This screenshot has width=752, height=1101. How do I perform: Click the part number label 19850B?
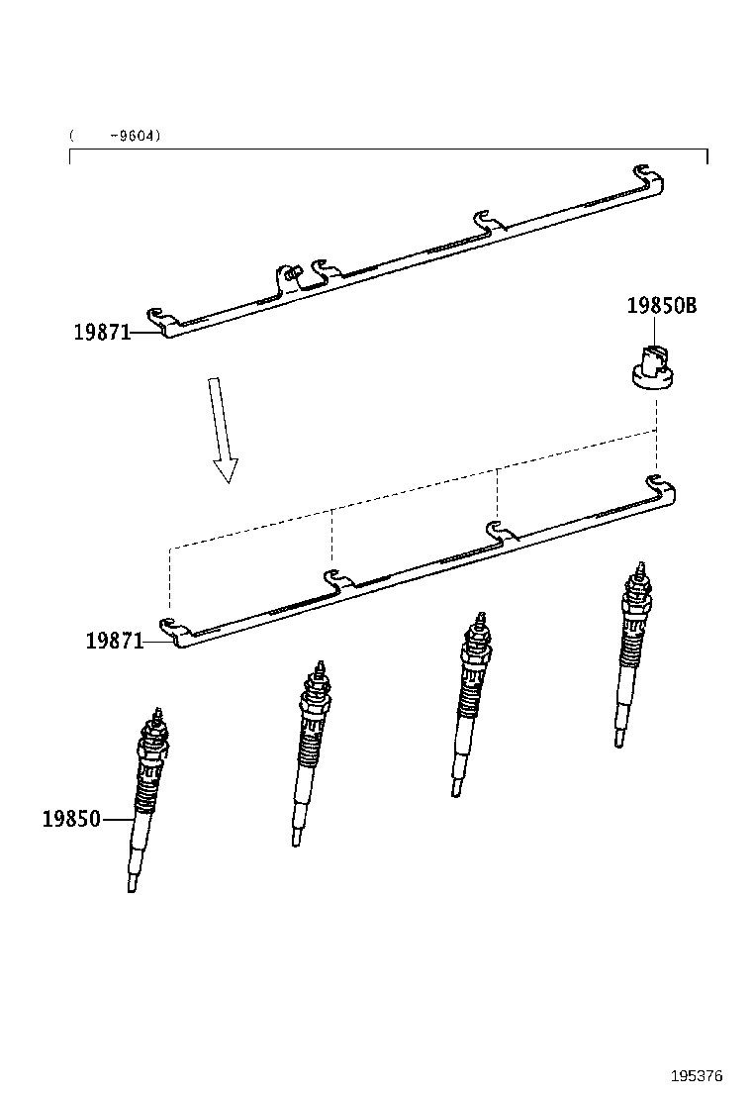tap(661, 306)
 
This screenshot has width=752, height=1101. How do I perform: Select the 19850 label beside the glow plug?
tap(71, 819)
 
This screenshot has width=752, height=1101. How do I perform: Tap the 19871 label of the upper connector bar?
tap(102, 333)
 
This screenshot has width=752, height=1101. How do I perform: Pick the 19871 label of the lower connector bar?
tap(114, 641)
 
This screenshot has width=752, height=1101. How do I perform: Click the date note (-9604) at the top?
tap(115, 136)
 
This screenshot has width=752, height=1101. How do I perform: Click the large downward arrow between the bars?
tap(221, 428)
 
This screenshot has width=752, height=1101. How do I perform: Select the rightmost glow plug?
tap(630, 654)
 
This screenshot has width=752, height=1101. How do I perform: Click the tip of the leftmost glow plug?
tap(132, 884)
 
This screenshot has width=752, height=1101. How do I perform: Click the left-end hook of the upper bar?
tap(160, 320)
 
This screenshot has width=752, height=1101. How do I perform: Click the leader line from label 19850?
tap(117, 820)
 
